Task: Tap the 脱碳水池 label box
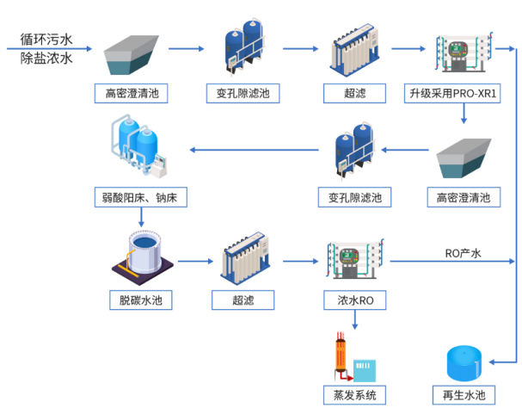tap(141, 300)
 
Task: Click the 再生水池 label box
tap(464, 394)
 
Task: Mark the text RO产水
tap(462, 253)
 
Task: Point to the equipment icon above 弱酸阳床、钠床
tap(138, 150)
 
